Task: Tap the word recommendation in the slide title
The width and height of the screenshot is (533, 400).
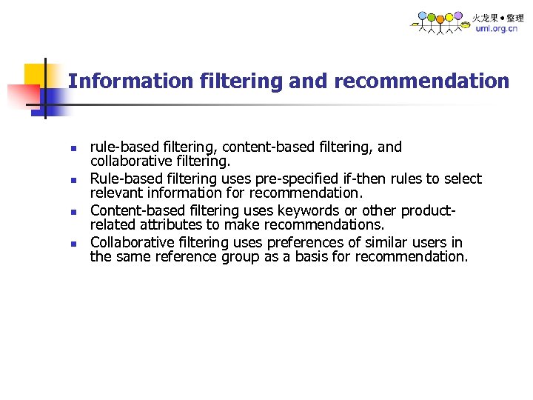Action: tap(422, 81)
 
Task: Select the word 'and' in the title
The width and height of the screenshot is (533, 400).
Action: tap(309, 81)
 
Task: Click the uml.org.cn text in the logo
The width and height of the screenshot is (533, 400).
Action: tap(496, 29)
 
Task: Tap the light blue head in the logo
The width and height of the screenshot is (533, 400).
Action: tap(422, 15)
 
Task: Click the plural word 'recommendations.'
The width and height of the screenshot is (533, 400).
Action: tap(331, 225)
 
